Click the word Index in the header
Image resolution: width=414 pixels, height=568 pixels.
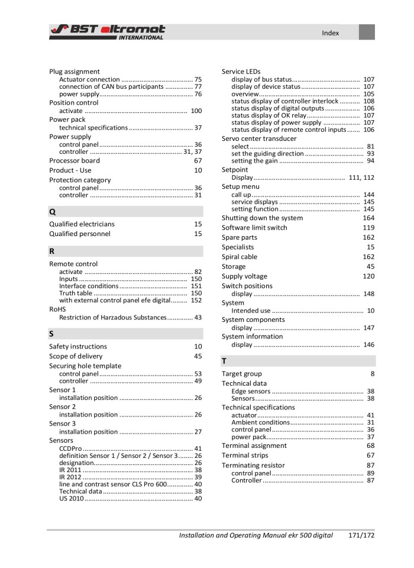[330, 33]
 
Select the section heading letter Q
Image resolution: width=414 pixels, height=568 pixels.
[53, 211]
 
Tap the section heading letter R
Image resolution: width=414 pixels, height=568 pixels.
[52, 251]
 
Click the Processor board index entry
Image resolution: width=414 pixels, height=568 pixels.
[75, 160]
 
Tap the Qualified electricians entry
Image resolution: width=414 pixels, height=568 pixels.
[82, 224]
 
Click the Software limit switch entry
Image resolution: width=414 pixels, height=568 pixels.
[254, 228]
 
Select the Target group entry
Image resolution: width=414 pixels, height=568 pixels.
[241, 374]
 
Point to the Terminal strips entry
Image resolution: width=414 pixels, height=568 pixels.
[245, 456]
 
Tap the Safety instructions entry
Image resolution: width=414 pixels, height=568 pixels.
[78, 347]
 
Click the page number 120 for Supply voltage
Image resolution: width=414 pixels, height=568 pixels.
[368, 276]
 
